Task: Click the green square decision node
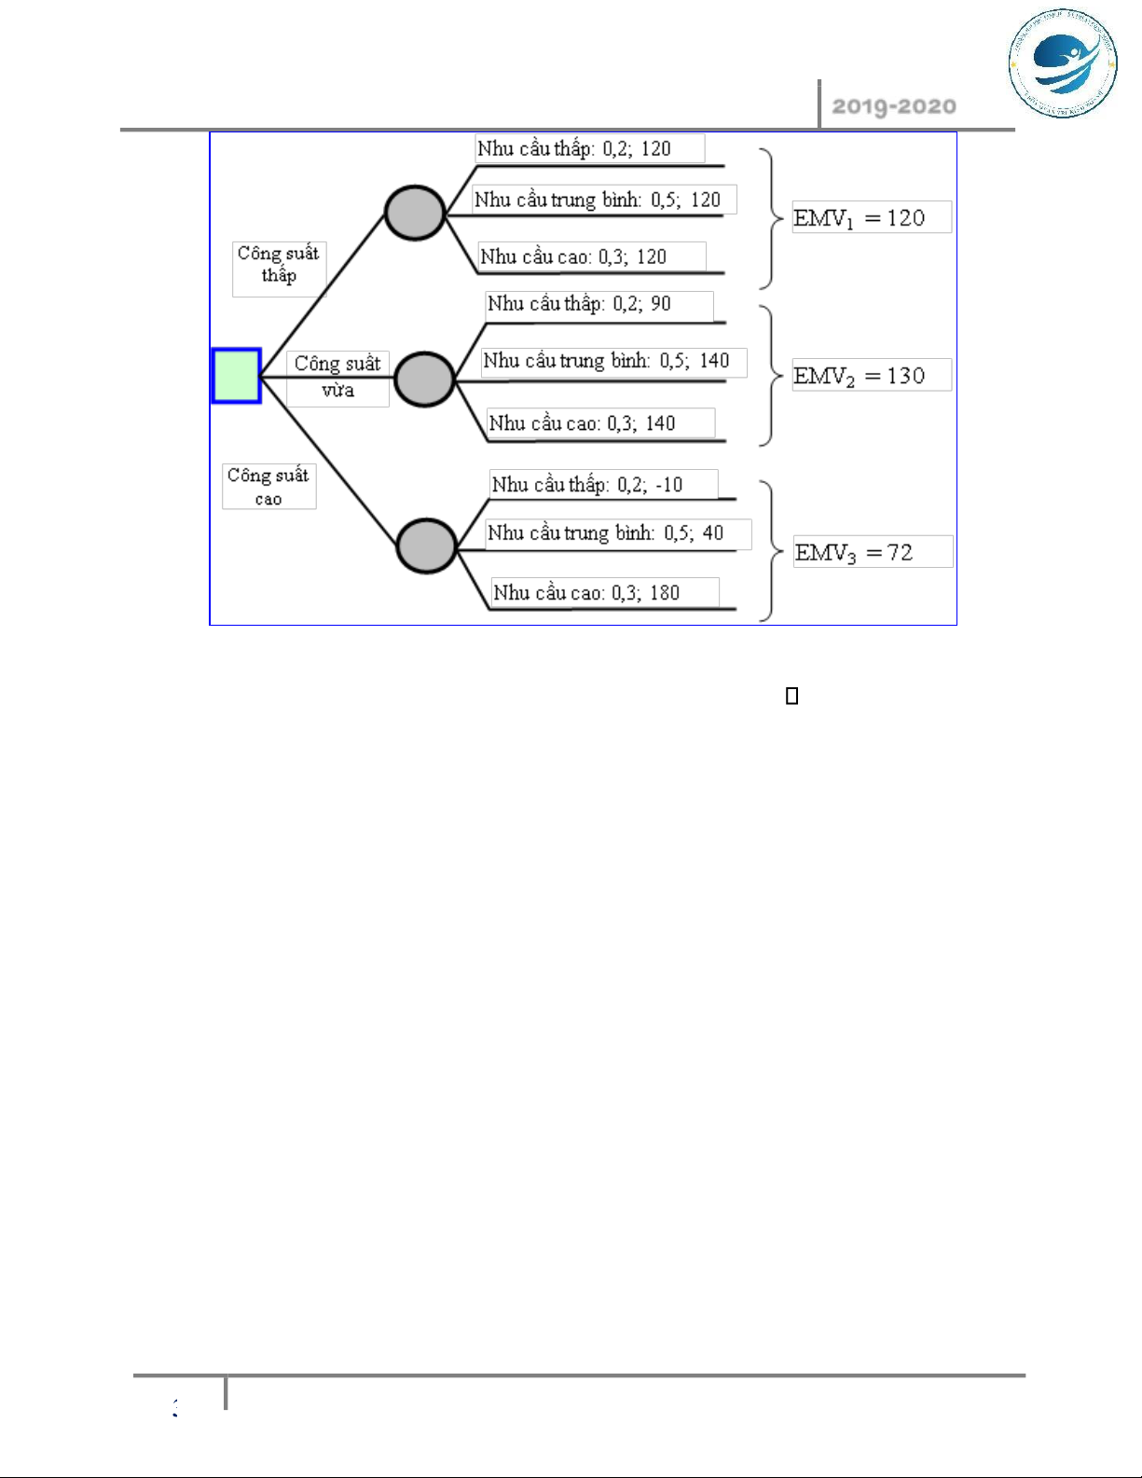[236, 376]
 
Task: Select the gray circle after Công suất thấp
[415, 213]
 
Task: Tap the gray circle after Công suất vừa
[424, 380]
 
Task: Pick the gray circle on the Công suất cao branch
[426, 546]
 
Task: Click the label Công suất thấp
[279, 265]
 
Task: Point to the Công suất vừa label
[337, 377]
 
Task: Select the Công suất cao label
[268, 487]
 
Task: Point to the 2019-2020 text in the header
[893, 106]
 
